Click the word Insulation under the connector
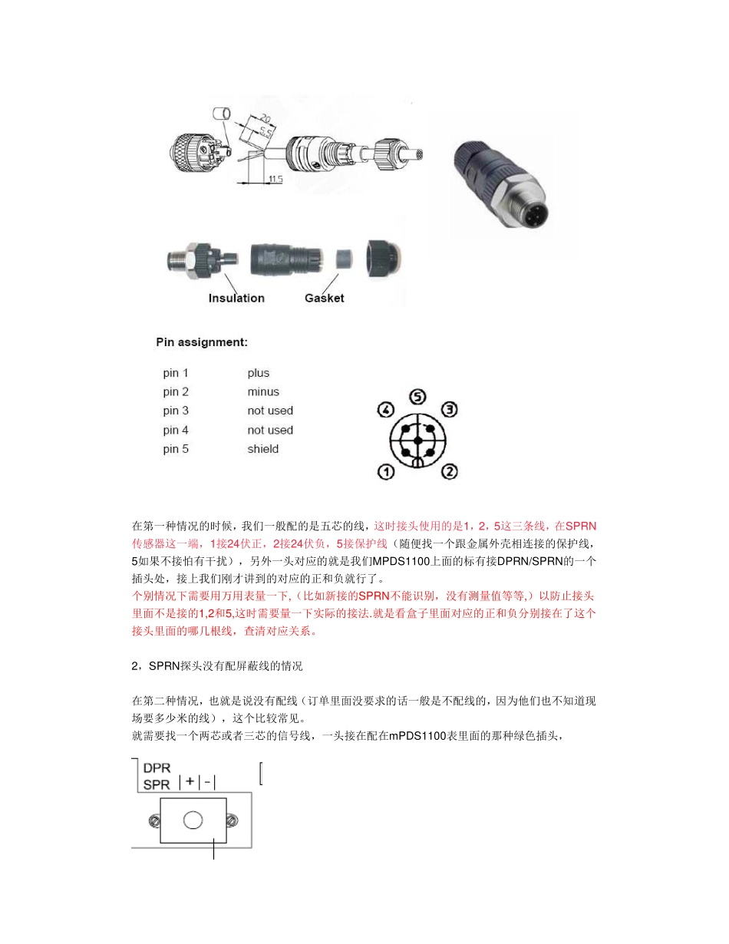tap(236, 298)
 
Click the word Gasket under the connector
tap(325, 298)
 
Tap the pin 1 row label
tap(176, 373)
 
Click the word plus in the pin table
tap(259, 373)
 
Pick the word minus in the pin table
tap(263, 392)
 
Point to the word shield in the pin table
tap(263, 449)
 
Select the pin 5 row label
tap(176, 449)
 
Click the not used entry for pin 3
tap(270, 411)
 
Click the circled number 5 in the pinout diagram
tap(417, 398)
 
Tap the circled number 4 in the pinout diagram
tap(386, 410)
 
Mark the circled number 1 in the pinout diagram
tap(385, 471)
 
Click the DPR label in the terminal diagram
tap(157, 767)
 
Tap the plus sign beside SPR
tap(190, 783)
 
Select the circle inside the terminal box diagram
tap(193, 820)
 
